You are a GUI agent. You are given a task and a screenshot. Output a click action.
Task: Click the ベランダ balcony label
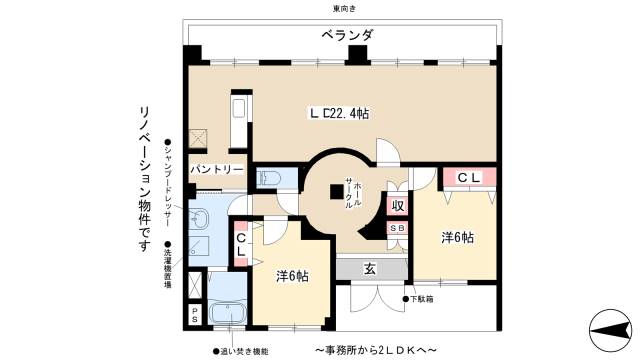click(347, 35)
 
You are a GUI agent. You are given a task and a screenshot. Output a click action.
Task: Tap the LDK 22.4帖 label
click(339, 113)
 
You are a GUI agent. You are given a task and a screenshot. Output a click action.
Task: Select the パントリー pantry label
click(216, 169)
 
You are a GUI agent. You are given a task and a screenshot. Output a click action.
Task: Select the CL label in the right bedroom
click(469, 177)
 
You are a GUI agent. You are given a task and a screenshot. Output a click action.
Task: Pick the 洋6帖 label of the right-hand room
click(457, 237)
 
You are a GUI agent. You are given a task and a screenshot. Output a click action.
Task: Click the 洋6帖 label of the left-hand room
click(292, 275)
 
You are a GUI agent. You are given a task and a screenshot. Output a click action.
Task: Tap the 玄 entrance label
click(369, 268)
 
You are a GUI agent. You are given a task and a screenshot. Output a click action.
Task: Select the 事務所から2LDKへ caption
click(376, 349)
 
